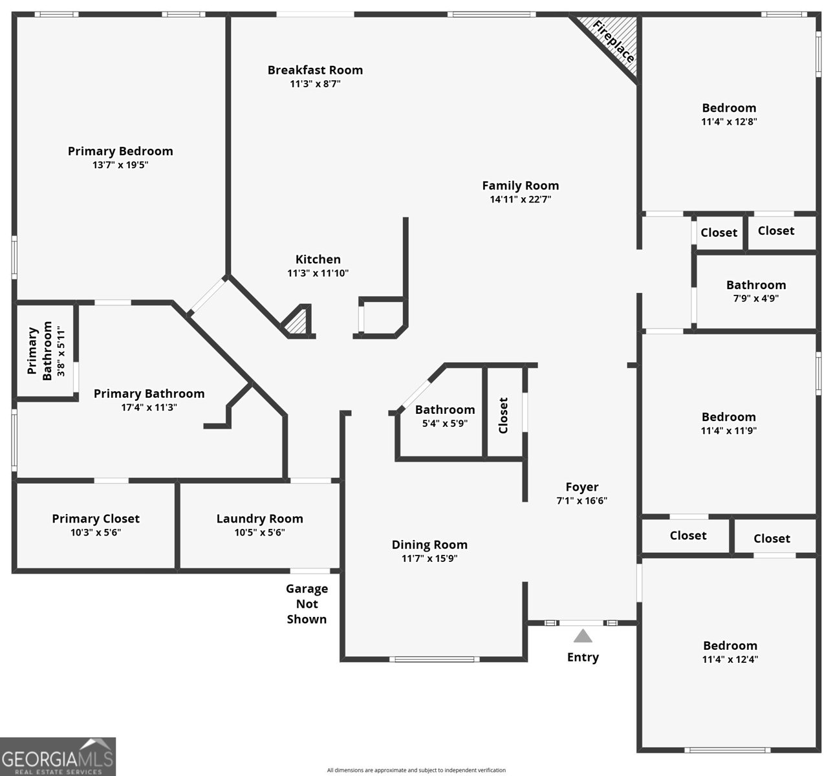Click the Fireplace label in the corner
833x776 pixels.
coord(613,42)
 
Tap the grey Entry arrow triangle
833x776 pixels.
coord(583,636)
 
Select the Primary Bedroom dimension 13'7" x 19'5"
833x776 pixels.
coord(120,165)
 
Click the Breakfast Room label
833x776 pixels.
coord(315,70)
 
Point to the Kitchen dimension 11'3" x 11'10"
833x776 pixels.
coord(318,273)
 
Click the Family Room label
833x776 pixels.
coord(520,186)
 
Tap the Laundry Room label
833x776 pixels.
coord(259,519)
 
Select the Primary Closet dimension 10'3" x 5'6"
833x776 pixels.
coord(96,532)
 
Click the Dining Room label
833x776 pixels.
coord(429,544)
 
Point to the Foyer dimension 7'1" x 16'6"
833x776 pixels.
coord(581,501)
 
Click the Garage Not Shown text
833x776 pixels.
coord(307,603)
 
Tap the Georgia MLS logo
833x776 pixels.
coord(58,757)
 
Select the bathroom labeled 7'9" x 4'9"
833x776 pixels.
coord(755,292)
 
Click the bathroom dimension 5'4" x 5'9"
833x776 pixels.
coord(444,424)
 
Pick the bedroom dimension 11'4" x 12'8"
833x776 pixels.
coord(729,122)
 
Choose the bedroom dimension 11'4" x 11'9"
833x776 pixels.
coord(728,431)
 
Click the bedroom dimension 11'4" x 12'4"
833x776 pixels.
coord(730,660)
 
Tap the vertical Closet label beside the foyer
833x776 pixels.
coord(504,415)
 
